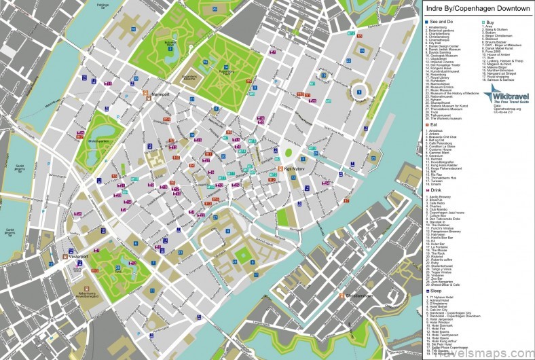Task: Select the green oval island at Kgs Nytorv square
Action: [x=288, y=153]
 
